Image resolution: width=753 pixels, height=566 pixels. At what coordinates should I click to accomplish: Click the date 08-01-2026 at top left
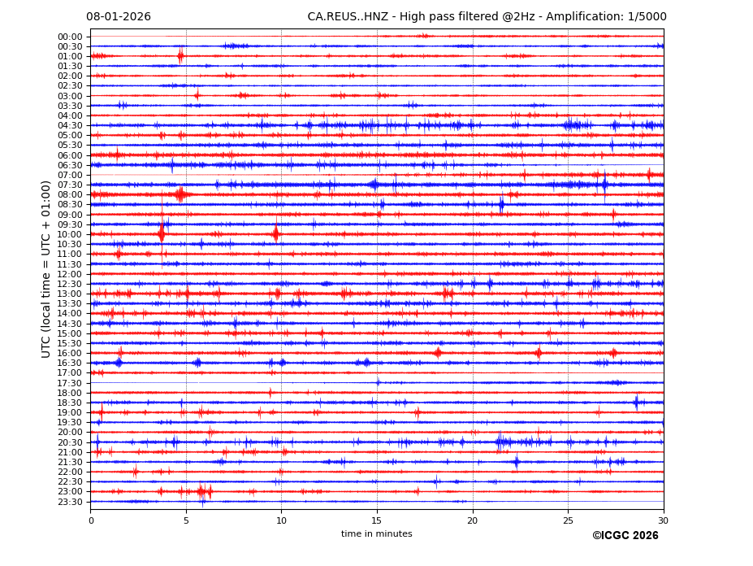click(x=119, y=17)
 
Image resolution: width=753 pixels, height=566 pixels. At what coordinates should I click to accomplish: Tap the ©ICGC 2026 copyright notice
click(x=625, y=536)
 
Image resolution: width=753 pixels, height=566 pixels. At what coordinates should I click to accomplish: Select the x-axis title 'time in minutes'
click(x=376, y=533)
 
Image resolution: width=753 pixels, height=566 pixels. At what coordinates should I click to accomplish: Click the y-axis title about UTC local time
click(x=46, y=269)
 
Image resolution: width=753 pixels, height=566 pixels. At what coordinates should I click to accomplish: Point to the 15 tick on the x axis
click(x=377, y=520)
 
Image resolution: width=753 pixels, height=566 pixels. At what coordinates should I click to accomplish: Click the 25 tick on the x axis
click(x=568, y=520)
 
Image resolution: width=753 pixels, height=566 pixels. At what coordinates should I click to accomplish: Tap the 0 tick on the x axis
click(x=91, y=520)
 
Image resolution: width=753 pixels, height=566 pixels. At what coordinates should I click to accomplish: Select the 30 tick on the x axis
click(x=663, y=520)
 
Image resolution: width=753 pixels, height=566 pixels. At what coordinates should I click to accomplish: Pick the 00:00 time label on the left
click(x=70, y=37)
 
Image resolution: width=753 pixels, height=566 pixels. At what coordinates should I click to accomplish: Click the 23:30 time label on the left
click(x=70, y=502)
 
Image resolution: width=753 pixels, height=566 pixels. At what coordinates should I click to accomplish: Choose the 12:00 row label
click(x=70, y=274)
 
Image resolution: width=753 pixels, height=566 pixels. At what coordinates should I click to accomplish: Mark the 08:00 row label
click(x=70, y=195)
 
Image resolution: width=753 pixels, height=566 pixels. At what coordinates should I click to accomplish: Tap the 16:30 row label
click(x=70, y=364)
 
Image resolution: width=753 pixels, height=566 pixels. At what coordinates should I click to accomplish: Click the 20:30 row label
click(x=70, y=442)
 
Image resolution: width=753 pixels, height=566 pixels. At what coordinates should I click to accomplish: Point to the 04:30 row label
click(x=70, y=125)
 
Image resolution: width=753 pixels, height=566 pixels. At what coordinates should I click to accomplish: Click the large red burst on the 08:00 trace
click(x=180, y=194)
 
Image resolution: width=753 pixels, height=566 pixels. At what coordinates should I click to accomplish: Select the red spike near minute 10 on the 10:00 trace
click(x=275, y=234)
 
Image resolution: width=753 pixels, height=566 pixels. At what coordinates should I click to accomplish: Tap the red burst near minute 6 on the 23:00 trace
click(x=203, y=491)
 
